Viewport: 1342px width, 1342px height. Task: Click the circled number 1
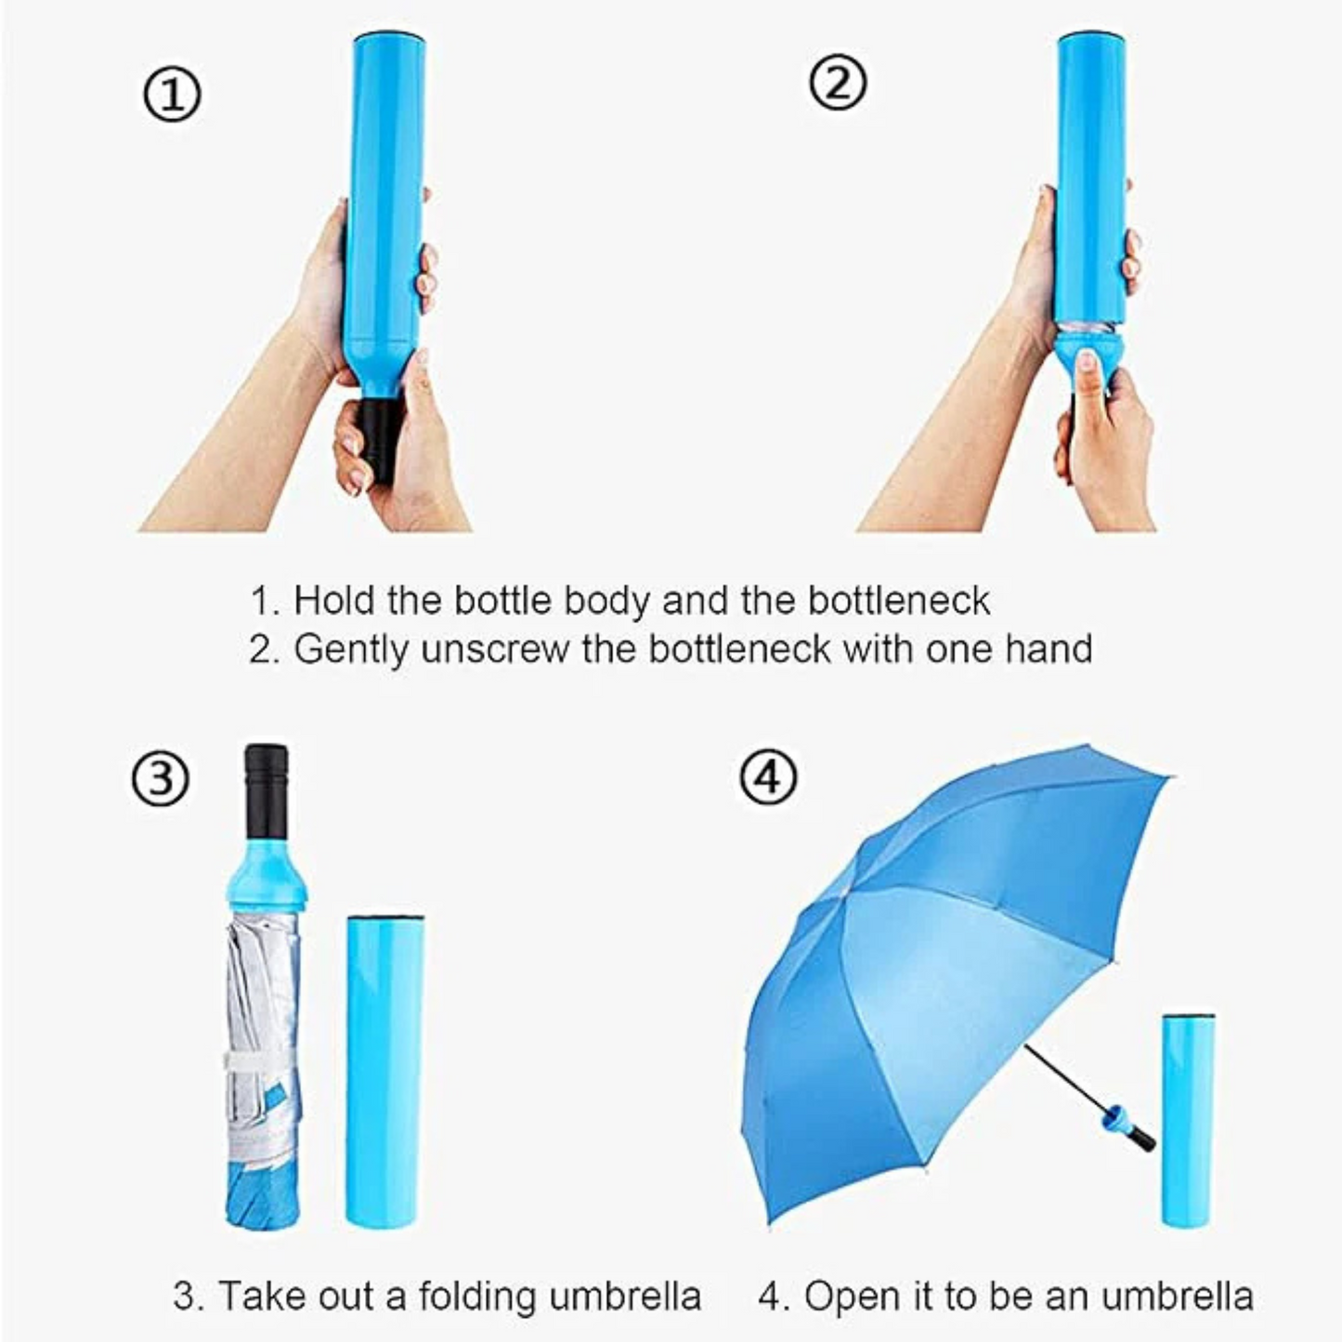[172, 96]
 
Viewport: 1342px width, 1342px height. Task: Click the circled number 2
[838, 85]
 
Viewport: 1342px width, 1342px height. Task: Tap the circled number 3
[160, 779]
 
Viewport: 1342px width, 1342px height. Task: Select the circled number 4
[768, 777]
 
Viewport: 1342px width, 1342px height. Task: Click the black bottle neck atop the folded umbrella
[267, 789]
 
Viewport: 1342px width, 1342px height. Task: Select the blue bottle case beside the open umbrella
[1188, 1119]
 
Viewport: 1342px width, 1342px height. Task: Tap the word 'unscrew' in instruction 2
[494, 649]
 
